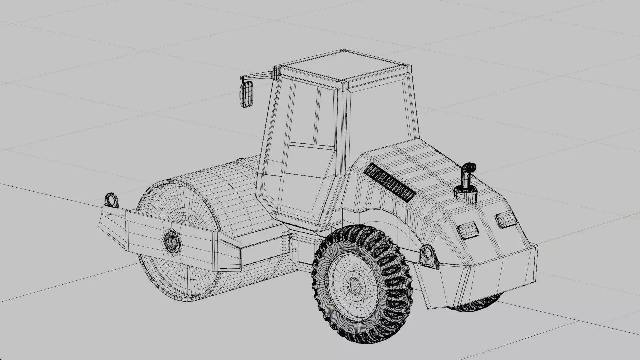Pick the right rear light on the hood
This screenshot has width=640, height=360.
tap(505, 220)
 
